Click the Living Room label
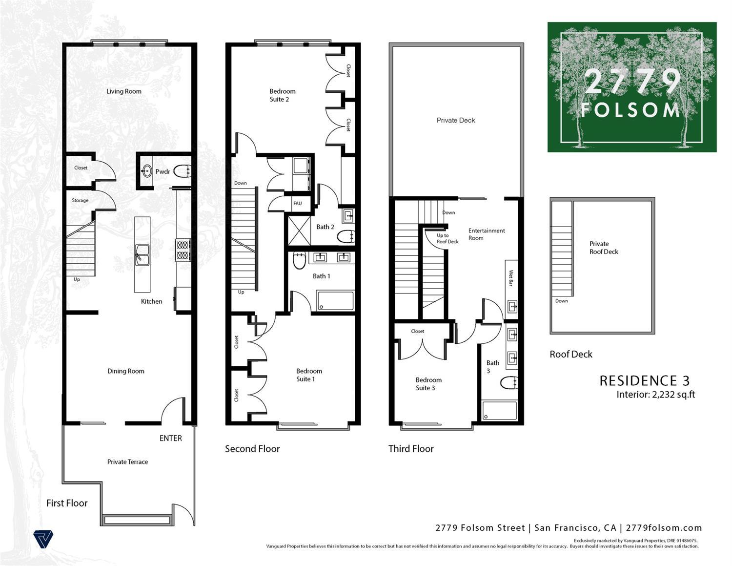pyautogui.click(x=124, y=91)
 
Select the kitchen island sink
pyautogui.click(x=142, y=254)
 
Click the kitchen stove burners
pyautogui.click(x=183, y=250)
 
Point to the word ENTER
pyautogui.click(x=170, y=438)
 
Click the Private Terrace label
pyautogui.click(x=127, y=461)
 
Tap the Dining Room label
pyautogui.click(x=126, y=371)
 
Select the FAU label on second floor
pyautogui.click(x=297, y=203)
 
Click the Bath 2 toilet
pyautogui.click(x=346, y=236)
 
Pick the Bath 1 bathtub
pyautogui.click(x=335, y=301)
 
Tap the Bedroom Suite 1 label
pyautogui.click(x=308, y=375)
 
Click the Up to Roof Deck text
pyautogui.click(x=447, y=238)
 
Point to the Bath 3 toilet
pyautogui.click(x=509, y=383)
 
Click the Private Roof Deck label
pyautogui.click(x=603, y=248)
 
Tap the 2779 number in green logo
pyautogui.click(x=632, y=82)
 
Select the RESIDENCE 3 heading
pyautogui.click(x=644, y=381)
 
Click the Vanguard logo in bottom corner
pyautogui.click(x=43, y=540)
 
